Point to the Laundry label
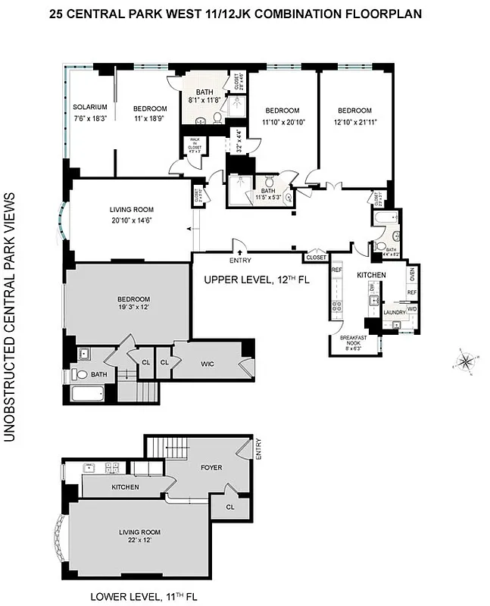394,311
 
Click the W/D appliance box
412,309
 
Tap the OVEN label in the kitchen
413,274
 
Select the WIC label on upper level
208,364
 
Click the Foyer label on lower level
212,467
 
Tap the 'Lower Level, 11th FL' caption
143,596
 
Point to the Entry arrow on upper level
239,252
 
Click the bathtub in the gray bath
86,395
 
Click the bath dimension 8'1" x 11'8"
204,100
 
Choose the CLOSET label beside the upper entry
316,258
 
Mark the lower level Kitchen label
125,486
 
